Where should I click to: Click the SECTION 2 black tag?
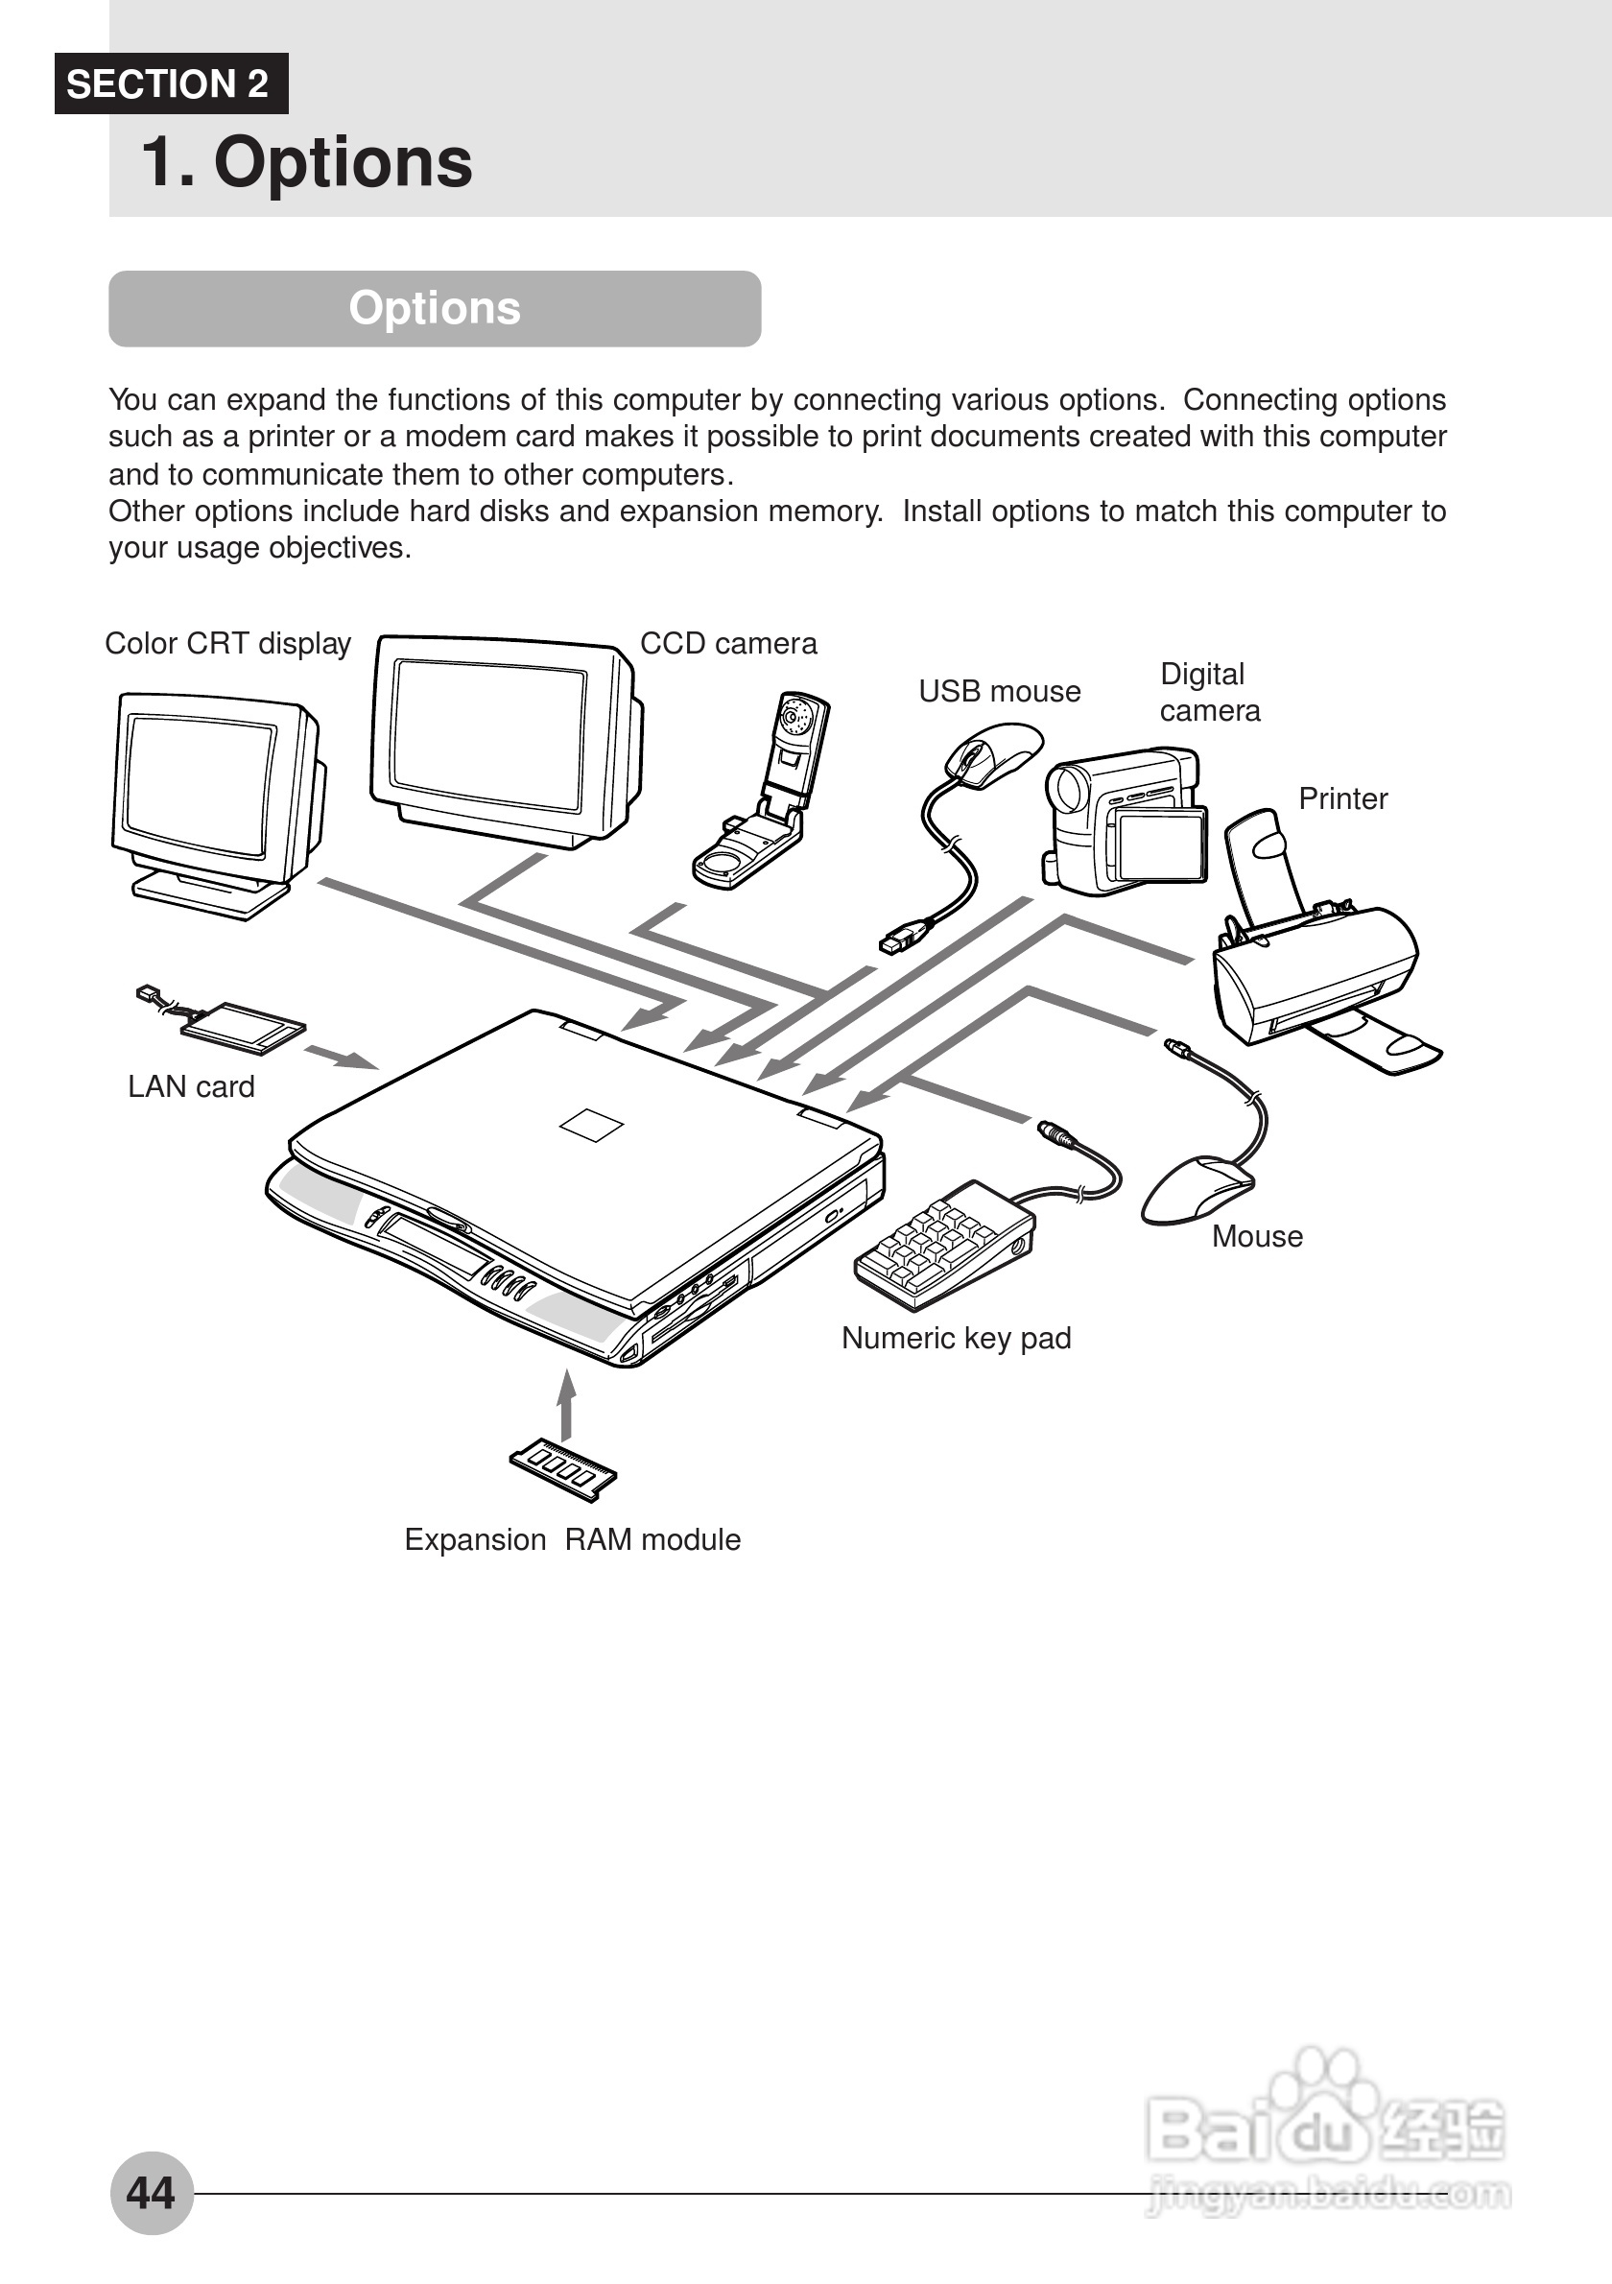[170, 83]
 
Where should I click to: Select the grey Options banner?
[435, 308]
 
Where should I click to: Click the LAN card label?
[191, 1086]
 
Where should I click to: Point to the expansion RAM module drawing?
[563, 1468]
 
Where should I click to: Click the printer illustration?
[1317, 964]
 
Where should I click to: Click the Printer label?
[1342, 798]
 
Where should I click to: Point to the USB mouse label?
[999, 691]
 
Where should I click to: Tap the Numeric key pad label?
[956, 1338]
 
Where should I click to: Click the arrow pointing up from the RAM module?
[567, 1404]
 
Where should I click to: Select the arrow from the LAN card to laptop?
[341, 1058]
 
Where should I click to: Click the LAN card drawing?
[239, 1025]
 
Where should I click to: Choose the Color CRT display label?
[227, 644]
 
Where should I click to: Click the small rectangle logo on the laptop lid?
[592, 1125]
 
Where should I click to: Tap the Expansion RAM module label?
[572, 1539]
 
